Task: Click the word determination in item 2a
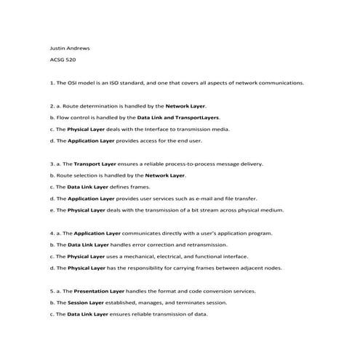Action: tap(92, 106)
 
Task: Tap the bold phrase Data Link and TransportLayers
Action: tap(178, 117)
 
